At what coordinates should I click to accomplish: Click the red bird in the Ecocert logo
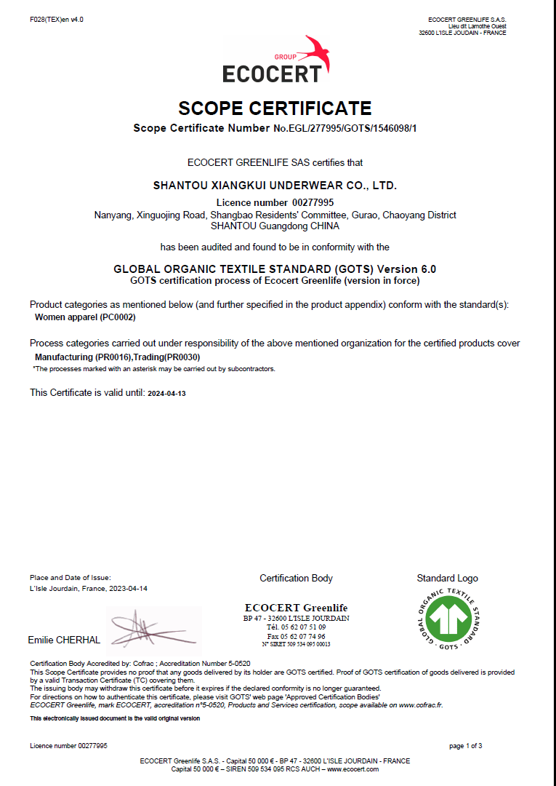click(x=318, y=53)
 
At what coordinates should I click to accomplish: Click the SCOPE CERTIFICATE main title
click(x=275, y=108)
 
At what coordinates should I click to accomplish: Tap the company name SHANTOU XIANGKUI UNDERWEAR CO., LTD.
click(x=275, y=186)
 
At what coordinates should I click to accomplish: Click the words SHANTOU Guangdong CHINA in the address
click(x=275, y=226)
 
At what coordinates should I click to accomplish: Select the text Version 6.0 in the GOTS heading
click(x=407, y=269)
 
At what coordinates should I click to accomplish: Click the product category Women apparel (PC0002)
click(x=85, y=317)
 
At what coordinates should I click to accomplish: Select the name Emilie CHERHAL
click(x=64, y=640)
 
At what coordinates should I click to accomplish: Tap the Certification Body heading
click(x=296, y=578)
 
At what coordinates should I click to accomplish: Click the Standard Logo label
click(x=447, y=578)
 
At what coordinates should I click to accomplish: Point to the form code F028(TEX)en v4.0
click(x=56, y=20)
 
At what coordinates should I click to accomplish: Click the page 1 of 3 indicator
click(x=465, y=746)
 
